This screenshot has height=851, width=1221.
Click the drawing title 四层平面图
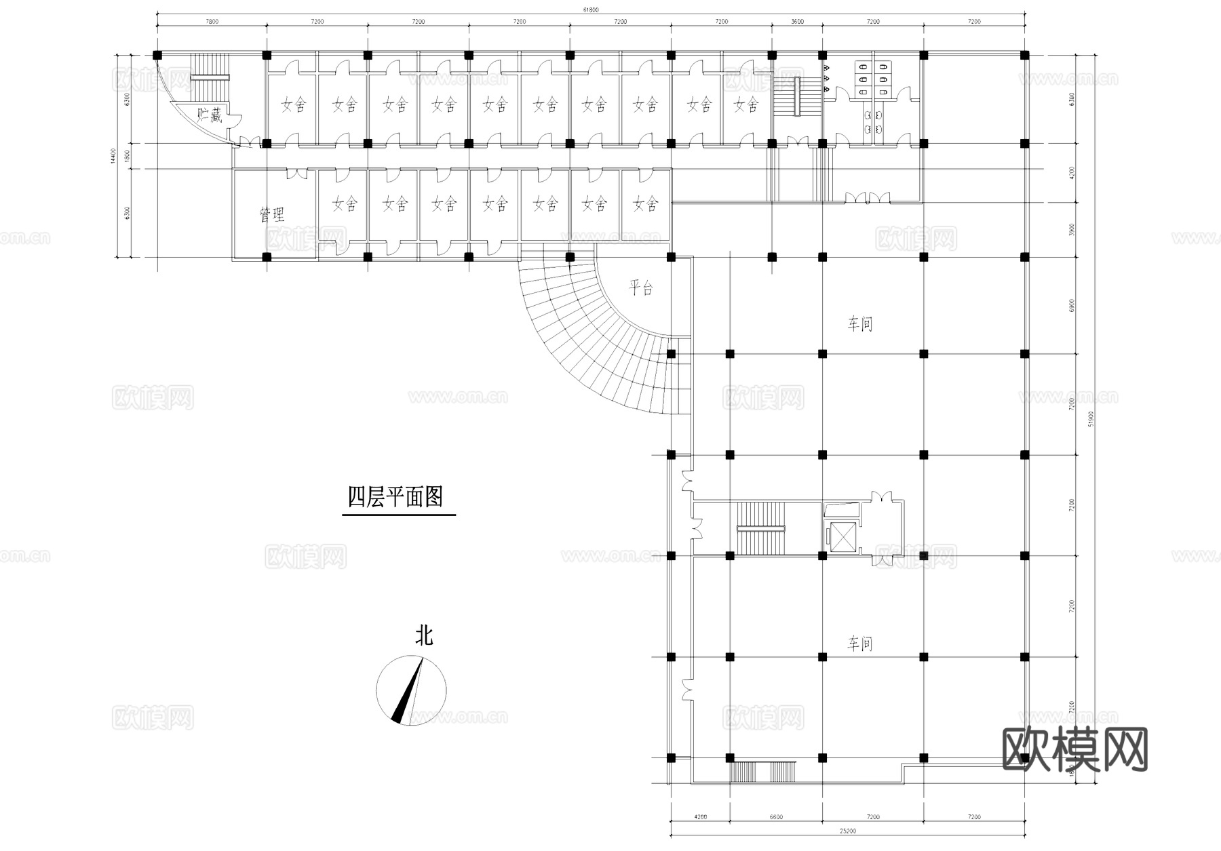click(395, 497)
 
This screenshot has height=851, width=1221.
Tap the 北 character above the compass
click(424, 636)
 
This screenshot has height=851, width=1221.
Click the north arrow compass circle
click(411, 690)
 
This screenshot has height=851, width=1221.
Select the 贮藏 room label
click(209, 115)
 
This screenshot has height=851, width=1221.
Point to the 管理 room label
click(272, 215)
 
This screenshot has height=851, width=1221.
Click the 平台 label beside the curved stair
click(640, 288)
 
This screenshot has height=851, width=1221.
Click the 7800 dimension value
click(212, 22)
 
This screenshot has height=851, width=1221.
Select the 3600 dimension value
click(797, 22)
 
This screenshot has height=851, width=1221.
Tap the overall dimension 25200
click(847, 831)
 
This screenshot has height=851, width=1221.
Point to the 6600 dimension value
click(776, 817)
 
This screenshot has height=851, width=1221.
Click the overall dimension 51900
click(1091, 420)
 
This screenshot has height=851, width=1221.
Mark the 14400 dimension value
click(115, 156)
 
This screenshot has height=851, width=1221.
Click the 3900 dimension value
click(1072, 229)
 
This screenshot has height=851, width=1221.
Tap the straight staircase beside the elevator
click(760, 528)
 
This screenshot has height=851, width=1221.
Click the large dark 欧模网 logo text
click(1074, 749)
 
